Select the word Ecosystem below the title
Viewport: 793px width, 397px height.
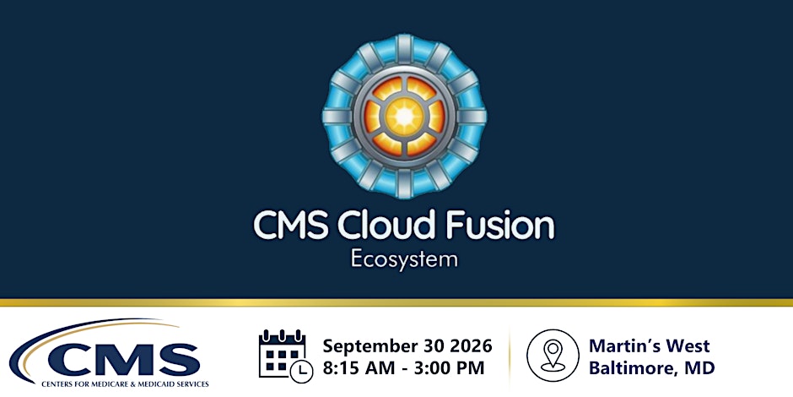coord(404,259)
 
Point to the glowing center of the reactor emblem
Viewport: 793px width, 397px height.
coord(405,117)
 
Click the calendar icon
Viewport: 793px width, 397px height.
coord(286,356)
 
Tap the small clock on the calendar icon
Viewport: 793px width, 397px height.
coord(301,371)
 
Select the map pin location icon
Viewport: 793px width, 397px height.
coord(553,356)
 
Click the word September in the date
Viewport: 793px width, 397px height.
coord(370,347)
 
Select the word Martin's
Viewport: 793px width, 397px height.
coord(624,346)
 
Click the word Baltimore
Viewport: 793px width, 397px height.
coord(636,368)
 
